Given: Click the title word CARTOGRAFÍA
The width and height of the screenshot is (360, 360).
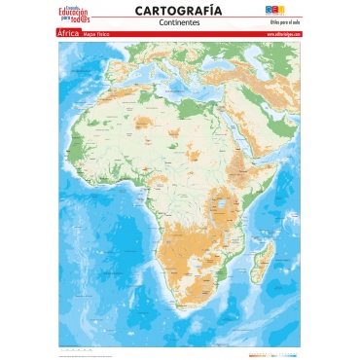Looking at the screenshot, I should (178, 10).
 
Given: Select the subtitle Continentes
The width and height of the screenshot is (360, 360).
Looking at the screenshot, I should (178, 21).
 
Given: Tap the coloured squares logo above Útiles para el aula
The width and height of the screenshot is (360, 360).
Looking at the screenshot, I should (281, 9).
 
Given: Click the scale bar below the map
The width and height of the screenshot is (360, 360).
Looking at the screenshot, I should (77, 347).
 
